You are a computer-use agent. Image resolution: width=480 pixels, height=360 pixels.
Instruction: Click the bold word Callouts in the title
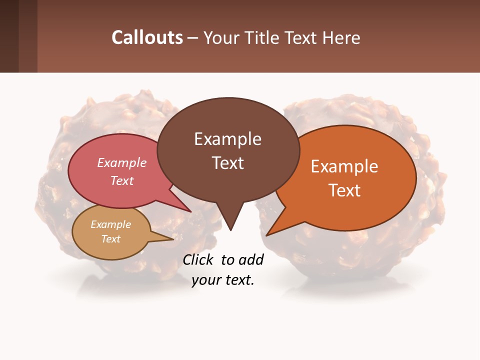[147, 37]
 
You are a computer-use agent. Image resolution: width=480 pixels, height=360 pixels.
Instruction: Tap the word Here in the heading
[342, 37]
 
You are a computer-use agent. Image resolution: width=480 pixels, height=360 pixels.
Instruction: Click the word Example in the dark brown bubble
[227, 139]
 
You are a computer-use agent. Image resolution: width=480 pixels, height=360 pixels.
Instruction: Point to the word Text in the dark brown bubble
[227, 163]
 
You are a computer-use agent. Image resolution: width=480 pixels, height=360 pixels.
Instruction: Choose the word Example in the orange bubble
[344, 166]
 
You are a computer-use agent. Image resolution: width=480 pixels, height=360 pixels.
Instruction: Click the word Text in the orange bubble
[344, 190]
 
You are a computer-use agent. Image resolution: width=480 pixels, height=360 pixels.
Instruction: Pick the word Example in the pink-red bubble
[122, 163]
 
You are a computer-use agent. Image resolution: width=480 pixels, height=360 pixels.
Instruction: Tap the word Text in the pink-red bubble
[122, 180]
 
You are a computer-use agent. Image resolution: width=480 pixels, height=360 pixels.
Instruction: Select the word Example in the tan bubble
[110, 224]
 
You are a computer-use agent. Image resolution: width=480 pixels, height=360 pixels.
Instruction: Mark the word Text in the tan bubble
[110, 239]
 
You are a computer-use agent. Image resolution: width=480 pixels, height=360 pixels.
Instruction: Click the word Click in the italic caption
[199, 260]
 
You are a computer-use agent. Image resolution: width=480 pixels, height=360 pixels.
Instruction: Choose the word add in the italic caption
[251, 260]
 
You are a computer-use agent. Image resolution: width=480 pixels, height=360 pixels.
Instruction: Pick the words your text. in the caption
[223, 280]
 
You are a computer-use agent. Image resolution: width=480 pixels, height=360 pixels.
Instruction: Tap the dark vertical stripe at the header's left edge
[9, 36]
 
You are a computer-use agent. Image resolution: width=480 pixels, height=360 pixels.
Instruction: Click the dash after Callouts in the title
[193, 38]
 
